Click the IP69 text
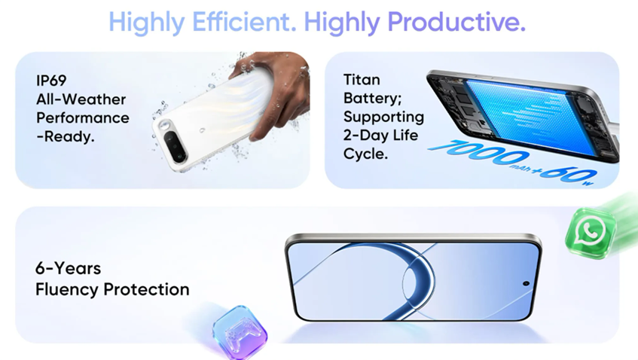point(51,81)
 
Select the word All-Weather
point(81,99)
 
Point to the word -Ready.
point(65,136)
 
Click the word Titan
point(362,80)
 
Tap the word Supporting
point(383,117)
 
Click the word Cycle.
point(365,154)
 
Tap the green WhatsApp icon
point(591,232)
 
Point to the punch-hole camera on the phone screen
point(526,283)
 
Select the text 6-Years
point(68,268)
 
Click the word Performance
point(83,118)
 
